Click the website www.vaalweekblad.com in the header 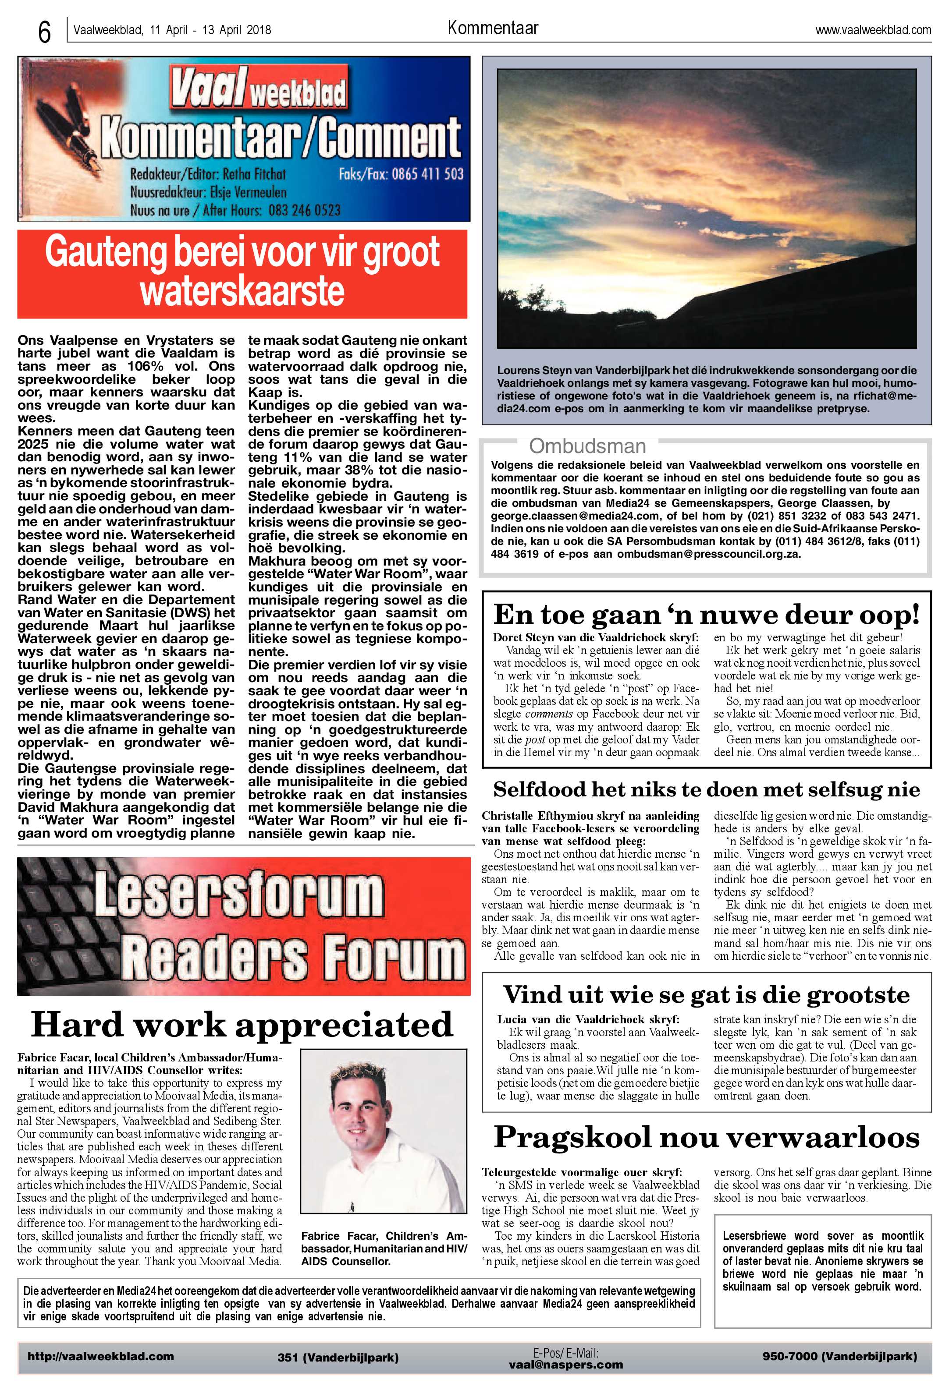pyautogui.click(x=873, y=30)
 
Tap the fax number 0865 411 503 pyautogui.click(x=427, y=174)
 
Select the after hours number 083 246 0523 pyautogui.click(x=304, y=210)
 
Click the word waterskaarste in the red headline pyautogui.click(x=242, y=292)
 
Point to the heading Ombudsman pyautogui.click(x=587, y=446)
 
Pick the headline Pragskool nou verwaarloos pyautogui.click(x=706, y=1137)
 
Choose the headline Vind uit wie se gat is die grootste pyautogui.click(x=706, y=995)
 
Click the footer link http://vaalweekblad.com pyautogui.click(x=100, y=1356)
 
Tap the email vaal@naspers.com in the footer pyautogui.click(x=565, y=1365)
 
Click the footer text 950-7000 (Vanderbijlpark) pyautogui.click(x=839, y=1356)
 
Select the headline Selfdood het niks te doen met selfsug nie pyautogui.click(x=706, y=789)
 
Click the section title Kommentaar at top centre pyautogui.click(x=492, y=28)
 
